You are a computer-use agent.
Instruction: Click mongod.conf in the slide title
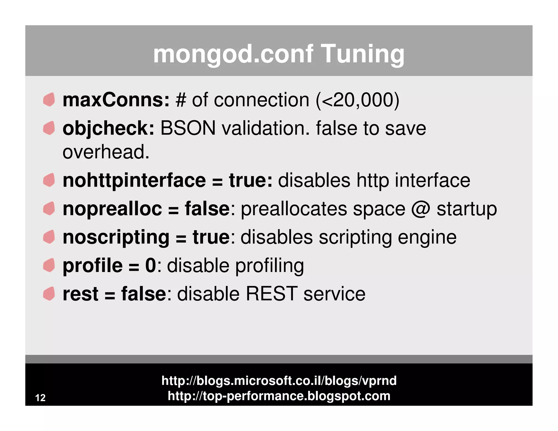pos(233,54)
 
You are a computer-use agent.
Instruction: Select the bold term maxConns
pos(116,100)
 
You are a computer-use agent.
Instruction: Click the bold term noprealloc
pos(112,209)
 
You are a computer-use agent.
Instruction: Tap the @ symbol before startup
pos(420,209)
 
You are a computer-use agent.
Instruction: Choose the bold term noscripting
pos(116,237)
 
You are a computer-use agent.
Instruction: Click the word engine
pos(427,237)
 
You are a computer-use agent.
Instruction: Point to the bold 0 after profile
pos(151,266)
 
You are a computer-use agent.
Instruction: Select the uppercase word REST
pos(271,294)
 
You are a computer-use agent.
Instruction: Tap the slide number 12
pos(40,398)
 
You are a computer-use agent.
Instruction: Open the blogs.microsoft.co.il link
pos(279,381)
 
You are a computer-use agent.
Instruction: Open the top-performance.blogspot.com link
pos(279,396)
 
